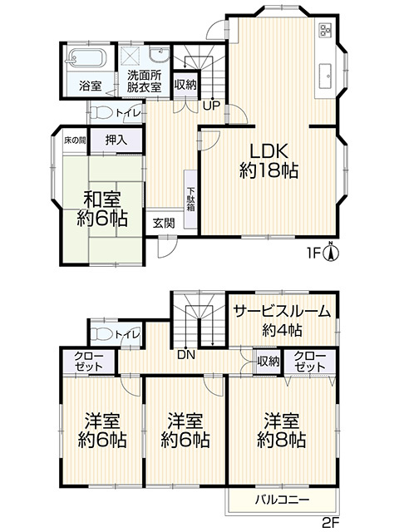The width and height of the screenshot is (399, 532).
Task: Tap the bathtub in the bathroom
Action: point(83,59)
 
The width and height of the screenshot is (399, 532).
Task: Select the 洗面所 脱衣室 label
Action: point(144,81)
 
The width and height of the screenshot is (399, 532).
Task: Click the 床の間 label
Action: point(75,140)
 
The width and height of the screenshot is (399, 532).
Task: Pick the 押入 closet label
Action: point(116,140)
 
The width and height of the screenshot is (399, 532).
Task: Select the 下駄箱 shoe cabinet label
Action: point(190,195)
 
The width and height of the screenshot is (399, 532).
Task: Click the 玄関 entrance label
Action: point(163,223)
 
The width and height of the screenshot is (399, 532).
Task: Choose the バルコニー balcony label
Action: point(282,500)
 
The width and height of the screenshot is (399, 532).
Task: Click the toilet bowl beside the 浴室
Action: point(104,112)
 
